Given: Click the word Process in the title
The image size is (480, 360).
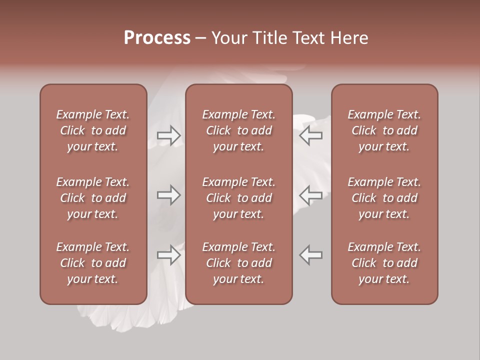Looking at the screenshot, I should (157, 38).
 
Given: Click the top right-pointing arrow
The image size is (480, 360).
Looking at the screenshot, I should (169, 135).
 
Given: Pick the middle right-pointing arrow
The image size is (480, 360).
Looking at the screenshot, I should (169, 195).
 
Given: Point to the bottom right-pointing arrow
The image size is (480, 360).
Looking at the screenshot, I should (169, 255).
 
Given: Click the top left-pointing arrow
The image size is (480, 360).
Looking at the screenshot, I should (311, 135).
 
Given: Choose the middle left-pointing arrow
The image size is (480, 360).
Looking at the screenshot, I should (311, 195).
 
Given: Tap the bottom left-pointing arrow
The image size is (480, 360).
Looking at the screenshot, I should (311, 255).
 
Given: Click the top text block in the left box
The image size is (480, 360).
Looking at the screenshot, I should (93, 130).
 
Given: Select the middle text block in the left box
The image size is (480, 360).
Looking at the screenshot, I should (93, 198).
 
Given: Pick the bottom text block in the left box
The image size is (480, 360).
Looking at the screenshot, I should (93, 263).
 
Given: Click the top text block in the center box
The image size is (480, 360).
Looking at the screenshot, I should (239, 130).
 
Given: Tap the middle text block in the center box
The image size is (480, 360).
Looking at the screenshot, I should (239, 198).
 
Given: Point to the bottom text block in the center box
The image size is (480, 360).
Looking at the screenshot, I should (239, 263).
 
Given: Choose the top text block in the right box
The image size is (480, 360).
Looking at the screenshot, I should (384, 130).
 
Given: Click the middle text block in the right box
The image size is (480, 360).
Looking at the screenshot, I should (384, 198).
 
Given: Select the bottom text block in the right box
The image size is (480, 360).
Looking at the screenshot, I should (384, 263).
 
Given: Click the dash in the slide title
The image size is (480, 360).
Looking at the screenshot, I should (201, 38).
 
